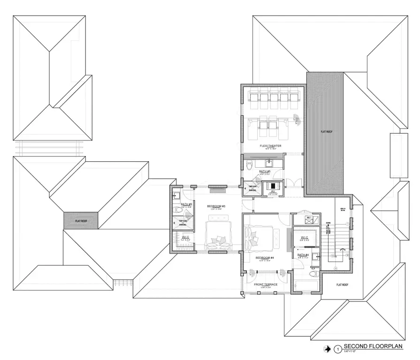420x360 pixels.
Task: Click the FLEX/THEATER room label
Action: point(270,146)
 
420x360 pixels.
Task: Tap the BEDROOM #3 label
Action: point(216,206)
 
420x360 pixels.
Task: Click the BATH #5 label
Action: point(265,172)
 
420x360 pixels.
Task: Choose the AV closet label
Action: point(272,191)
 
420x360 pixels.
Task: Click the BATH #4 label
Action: point(303,255)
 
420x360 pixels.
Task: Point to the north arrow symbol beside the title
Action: point(328,349)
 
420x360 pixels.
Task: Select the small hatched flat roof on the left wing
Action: point(81,219)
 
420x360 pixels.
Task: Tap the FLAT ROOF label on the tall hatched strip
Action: point(326,132)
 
